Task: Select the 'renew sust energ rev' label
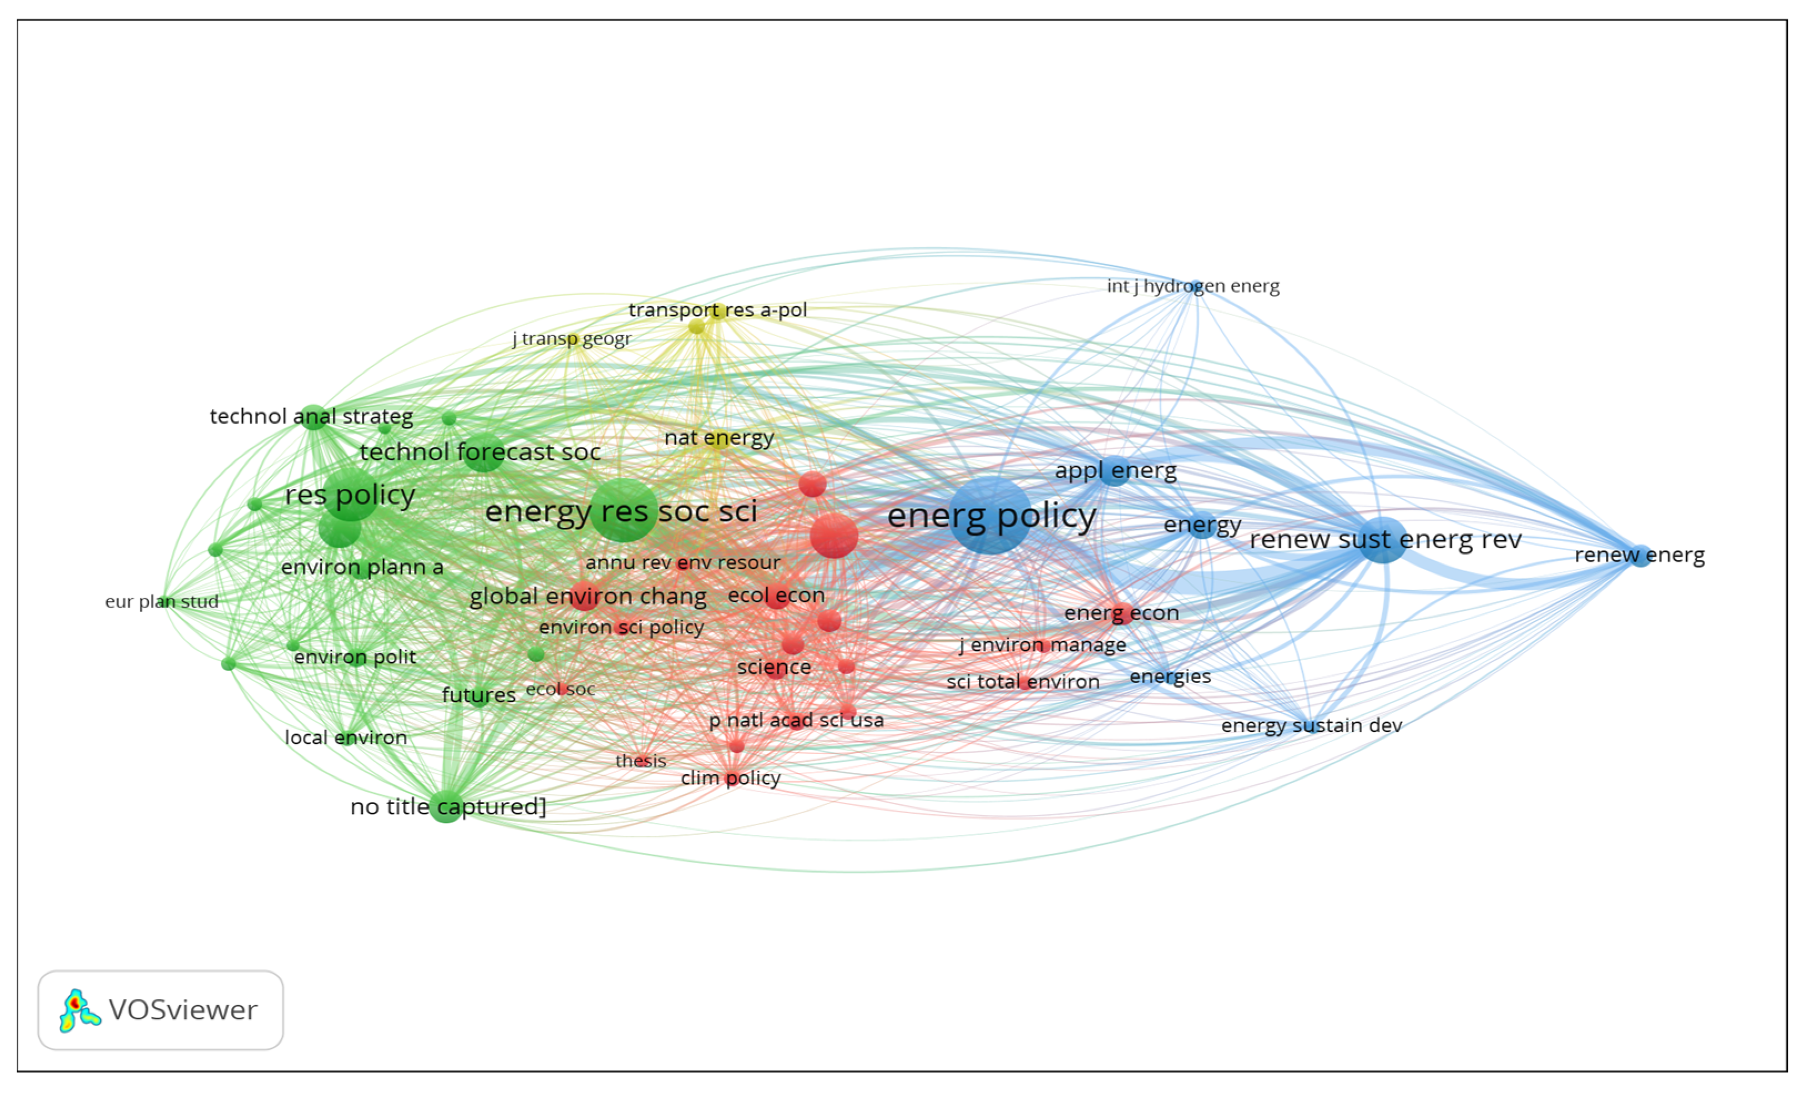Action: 1385,540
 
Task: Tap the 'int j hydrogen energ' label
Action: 1193,286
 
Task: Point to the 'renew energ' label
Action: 1639,555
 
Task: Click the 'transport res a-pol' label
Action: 717,311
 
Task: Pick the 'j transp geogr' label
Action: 572,339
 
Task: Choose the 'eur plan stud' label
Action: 161,602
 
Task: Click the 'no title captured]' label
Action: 448,807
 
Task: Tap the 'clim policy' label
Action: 731,779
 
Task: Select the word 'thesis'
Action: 641,761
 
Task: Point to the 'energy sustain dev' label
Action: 1311,726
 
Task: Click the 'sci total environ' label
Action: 1023,682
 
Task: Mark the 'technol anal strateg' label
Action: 311,417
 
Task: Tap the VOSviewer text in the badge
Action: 183,1010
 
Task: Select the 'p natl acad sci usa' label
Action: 796,721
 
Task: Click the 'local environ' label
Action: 346,738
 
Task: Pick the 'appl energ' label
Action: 1115,471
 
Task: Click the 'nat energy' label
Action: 719,438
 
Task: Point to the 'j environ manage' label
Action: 1043,645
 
